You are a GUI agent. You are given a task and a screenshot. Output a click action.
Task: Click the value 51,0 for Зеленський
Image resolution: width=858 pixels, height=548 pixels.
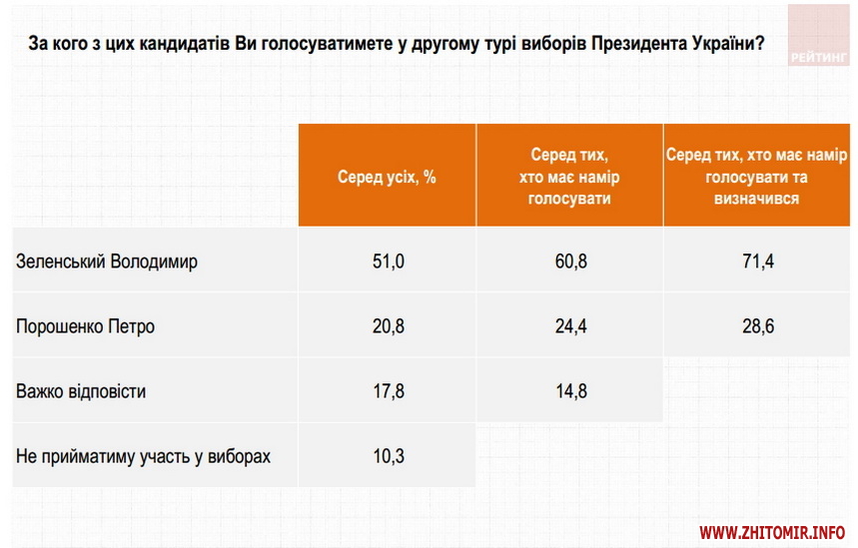click(x=387, y=262)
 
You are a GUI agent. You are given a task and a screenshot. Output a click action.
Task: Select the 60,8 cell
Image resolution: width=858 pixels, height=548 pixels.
click(x=570, y=262)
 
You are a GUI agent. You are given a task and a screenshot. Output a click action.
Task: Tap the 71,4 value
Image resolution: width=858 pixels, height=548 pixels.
click(x=757, y=262)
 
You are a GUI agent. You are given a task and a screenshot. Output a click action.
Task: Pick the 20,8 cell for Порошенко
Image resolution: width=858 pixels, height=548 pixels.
click(x=387, y=326)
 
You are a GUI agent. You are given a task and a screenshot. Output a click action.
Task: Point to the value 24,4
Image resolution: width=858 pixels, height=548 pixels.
click(x=570, y=326)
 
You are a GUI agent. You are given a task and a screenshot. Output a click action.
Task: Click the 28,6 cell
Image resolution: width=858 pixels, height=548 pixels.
click(x=757, y=326)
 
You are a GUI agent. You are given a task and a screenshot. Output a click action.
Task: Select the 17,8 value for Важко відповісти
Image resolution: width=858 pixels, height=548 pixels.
click(x=387, y=391)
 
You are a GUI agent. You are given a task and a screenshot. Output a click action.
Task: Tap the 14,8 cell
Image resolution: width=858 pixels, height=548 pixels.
click(x=570, y=391)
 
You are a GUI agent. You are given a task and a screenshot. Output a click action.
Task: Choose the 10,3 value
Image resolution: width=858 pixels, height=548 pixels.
click(x=387, y=456)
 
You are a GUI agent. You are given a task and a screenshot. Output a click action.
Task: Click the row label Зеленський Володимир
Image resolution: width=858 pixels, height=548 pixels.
click(x=107, y=262)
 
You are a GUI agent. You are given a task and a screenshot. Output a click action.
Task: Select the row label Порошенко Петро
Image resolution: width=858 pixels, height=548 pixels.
click(x=86, y=326)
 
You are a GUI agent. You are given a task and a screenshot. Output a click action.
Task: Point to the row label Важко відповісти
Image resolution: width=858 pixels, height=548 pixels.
click(x=81, y=391)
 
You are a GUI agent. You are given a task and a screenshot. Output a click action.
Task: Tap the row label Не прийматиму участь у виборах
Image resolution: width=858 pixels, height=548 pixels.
click(x=143, y=456)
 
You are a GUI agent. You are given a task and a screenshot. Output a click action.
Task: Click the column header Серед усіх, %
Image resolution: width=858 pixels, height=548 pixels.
click(x=387, y=176)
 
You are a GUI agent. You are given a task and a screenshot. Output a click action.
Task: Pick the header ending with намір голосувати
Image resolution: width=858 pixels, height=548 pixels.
click(x=570, y=176)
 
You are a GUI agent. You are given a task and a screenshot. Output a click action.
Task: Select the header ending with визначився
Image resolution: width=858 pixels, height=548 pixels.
click(x=757, y=176)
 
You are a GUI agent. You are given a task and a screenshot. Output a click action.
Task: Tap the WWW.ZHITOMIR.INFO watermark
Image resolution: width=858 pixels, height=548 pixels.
click(x=773, y=532)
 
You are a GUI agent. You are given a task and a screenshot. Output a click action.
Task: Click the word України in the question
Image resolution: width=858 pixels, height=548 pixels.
click(x=721, y=44)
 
